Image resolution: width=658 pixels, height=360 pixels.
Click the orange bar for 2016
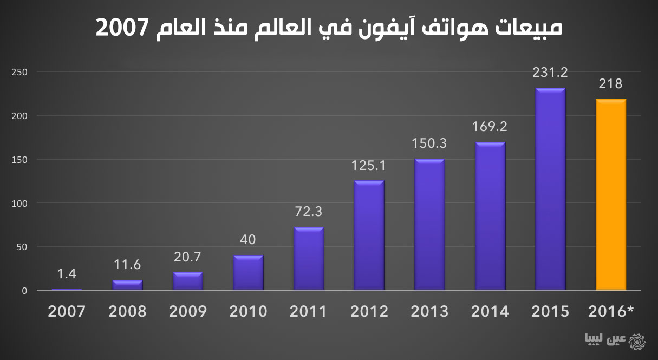point(610,195)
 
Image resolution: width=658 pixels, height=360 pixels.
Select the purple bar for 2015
point(550,189)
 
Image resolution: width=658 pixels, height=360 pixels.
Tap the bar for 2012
point(369,235)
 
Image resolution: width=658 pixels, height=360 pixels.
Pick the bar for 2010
point(248,273)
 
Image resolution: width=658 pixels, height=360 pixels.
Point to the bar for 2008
point(128,285)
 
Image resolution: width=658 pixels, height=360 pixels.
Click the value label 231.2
point(550,72)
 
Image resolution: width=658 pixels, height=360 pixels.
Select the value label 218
point(610,84)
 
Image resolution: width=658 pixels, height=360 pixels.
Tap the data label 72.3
point(309,212)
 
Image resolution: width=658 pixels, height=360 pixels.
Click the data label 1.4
point(67,274)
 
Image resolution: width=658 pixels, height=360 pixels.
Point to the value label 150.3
point(429,144)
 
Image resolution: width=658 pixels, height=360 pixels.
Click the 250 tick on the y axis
point(19,72)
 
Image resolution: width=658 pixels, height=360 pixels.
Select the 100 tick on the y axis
point(19,203)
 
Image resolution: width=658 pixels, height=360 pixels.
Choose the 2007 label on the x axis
point(67,312)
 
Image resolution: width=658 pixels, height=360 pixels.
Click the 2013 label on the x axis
point(429,312)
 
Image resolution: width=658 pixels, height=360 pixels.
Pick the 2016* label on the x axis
point(610,312)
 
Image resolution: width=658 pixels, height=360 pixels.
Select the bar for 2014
point(490,217)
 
